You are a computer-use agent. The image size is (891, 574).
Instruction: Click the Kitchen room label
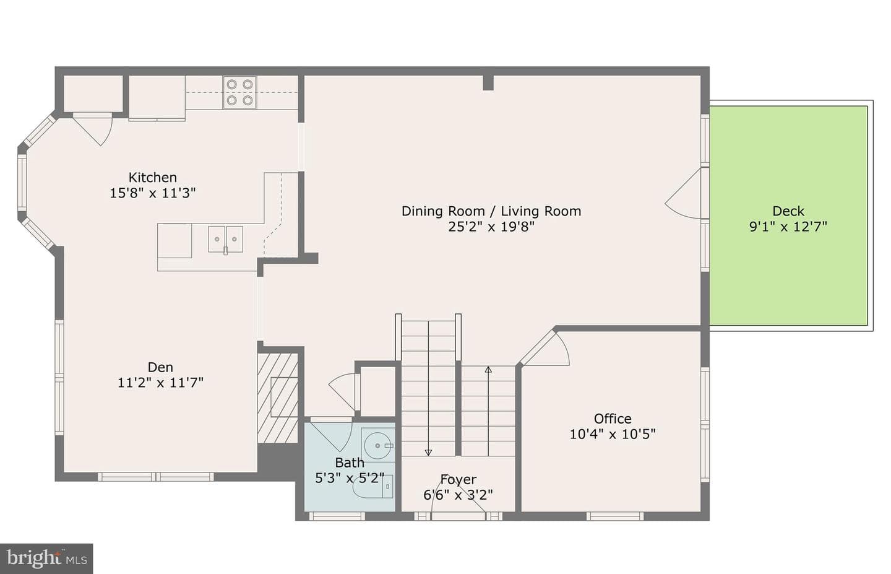coord(152,177)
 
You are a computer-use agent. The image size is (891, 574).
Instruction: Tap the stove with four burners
coord(239,92)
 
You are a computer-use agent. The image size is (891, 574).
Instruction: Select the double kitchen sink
coord(225,239)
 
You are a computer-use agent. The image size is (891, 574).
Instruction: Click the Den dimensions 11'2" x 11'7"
coord(160,383)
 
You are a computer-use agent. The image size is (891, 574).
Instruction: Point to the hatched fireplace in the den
coord(278,398)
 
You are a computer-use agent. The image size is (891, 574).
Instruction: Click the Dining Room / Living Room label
coord(491,211)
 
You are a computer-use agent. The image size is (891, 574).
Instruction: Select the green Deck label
coord(788,211)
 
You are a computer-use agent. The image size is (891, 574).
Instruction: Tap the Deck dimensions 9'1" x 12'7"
coord(788,227)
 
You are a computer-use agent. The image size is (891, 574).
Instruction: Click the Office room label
coord(613,419)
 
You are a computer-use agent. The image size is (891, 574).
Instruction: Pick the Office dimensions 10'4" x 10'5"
coord(613,434)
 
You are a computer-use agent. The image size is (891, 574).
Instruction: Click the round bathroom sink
coord(377,445)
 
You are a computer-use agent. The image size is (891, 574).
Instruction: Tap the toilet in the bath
coord(372,487)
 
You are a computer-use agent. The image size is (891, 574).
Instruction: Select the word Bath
coord(349,463)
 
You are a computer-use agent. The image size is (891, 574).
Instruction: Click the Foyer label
coord(458,480)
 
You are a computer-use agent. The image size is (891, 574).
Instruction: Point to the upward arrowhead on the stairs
coord(488,370)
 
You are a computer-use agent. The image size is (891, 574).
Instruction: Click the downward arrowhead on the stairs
coord(428,453)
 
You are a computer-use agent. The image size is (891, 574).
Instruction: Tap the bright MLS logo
coord(46,559)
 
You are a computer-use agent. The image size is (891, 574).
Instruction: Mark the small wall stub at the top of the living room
coord(488,83)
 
